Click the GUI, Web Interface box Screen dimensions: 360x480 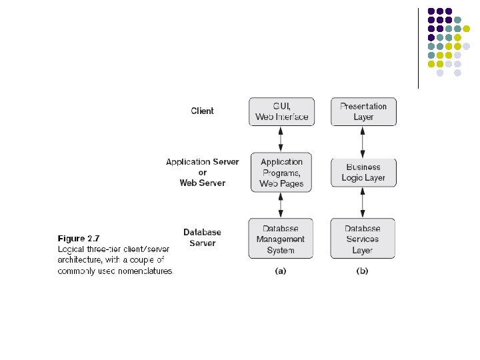coord(281,111)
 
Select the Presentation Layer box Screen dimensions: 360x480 coord(363,111)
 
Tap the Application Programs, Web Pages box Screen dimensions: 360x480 coord(281,173)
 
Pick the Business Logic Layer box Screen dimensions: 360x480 coord(363,173)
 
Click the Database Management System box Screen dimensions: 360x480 coord(281,239)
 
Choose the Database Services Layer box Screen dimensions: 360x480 coord(363,239)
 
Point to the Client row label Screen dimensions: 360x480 coord(203,111)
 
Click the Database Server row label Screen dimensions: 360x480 coord(202,238)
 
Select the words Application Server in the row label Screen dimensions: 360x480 coord(202,162)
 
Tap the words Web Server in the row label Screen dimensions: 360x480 coord(203,183)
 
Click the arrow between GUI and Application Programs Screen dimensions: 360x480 coord(281,139)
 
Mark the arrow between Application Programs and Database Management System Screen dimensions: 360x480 coord(281,205)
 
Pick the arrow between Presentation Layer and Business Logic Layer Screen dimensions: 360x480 coord(363,142)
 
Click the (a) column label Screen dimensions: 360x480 coord(281,271)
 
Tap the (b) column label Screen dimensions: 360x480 coord(363,271)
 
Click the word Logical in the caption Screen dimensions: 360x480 coord(73,249)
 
